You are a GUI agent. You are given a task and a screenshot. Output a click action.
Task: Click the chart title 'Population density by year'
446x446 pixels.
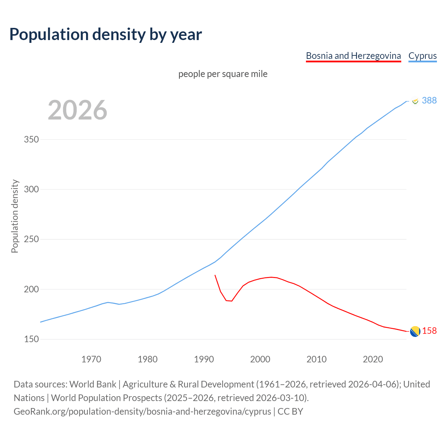[x=106, y=34]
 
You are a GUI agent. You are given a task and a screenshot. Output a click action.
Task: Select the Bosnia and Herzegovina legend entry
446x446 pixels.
[x=353, y=56]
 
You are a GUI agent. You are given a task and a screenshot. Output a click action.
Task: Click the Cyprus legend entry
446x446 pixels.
[x=422, y=56]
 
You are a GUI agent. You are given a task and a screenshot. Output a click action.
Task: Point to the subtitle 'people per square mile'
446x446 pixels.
[x=223, y=74]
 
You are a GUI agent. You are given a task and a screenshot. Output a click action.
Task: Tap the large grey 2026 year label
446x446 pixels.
[x=77, y=110]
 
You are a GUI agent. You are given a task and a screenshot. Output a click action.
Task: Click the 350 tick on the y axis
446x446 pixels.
[x=31, y=140]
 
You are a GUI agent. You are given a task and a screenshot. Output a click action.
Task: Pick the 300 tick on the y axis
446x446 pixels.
[x=31, y=190]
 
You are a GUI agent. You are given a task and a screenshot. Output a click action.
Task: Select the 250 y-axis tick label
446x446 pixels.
[x=31, y=239]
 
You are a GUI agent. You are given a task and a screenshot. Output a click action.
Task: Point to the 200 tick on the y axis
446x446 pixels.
[x=31, y=289]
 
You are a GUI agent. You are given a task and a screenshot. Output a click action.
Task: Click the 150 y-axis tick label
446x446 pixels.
[x=31, y=339]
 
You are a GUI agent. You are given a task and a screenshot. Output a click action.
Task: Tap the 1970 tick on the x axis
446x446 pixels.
[x=91, y=359]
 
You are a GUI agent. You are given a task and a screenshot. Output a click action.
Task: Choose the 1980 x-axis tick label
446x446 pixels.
[x=148, y=359]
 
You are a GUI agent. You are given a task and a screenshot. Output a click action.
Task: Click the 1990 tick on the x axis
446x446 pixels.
[x=204, y=359]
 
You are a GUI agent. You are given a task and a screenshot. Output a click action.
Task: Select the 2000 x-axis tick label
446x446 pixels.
[x=260, y=359]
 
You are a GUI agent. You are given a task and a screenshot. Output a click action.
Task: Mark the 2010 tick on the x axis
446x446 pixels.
[x=316, y=359]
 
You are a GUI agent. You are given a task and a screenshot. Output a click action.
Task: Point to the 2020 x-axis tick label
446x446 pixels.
[x=373, y=359]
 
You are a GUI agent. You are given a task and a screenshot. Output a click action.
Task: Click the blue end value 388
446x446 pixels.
[x=429, y=100]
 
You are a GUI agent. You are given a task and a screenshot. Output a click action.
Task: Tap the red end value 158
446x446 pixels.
[x=429, y=331]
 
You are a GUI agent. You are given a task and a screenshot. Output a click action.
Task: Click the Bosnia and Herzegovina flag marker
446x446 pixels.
[x=415, y=331]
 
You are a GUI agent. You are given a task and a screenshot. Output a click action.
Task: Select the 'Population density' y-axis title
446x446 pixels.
[x=15, y=216]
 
